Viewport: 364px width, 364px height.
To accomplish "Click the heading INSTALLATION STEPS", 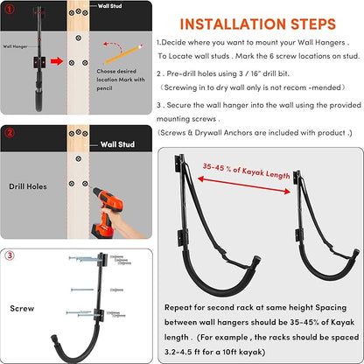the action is tap(258, 24).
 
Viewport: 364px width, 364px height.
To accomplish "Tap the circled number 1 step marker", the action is tap(10, 10).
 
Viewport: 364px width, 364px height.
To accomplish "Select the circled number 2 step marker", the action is tap(10, 133).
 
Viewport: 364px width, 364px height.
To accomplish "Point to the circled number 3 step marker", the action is tap(10, 255).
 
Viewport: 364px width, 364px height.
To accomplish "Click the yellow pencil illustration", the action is tap(123, 54).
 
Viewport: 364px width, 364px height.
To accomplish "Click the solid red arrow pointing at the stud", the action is tap(57, 61).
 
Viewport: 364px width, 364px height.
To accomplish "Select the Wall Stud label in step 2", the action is tap(117, 144).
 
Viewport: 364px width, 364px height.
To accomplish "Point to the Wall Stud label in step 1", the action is tap(109, 6).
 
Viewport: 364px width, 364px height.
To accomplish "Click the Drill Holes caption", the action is tap(28, 186).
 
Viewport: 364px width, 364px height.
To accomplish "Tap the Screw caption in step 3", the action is tap(22, 308).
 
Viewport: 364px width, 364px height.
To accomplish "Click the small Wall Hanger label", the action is tap(15, 46).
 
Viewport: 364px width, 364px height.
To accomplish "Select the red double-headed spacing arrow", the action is tap(244, 185).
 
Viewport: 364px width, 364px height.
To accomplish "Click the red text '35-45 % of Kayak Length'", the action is tap(246, 171).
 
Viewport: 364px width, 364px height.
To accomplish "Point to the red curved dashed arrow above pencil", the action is tap(113, 46).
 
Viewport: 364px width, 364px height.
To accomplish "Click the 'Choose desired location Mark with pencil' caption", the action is tap(121, 80).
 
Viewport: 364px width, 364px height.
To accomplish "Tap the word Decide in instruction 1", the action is tap(173, 43).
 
